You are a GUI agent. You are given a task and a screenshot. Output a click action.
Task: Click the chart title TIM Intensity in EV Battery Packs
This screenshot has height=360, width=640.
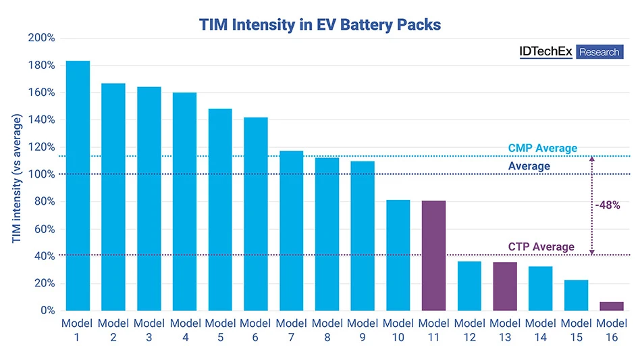(x=320, y=25)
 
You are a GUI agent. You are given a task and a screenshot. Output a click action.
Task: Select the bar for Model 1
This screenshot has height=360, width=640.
(x=78, y=186)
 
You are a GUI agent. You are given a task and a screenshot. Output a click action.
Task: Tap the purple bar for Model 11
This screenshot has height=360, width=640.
(x=433, y=255)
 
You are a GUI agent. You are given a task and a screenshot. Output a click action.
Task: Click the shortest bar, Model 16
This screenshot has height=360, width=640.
(x=611, y=306)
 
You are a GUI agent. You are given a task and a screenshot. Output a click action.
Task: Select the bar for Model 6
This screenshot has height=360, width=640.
(x=255, y=213)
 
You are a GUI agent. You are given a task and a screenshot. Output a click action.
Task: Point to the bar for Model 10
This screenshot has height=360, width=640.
(x=398, y=255)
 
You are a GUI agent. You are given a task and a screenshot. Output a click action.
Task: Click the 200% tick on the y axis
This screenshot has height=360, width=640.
(x=41, y=38)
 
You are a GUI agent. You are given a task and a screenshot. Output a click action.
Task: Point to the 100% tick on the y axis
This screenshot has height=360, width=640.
(x=41, y=174)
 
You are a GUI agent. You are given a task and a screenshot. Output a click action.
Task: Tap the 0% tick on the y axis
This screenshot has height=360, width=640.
(x=45, y=311)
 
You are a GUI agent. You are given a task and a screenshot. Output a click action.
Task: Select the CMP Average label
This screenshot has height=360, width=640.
(x=542, y=148)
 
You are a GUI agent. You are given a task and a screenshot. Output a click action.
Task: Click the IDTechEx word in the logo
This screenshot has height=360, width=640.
(x=545, y=52)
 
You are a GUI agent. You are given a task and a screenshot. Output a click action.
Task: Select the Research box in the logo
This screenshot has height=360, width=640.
(x=599, y=52)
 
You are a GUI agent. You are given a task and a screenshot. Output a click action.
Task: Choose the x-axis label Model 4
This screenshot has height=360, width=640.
(x=184, y=330)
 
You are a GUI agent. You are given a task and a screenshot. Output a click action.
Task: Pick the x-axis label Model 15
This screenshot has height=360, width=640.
(x=576, y=330)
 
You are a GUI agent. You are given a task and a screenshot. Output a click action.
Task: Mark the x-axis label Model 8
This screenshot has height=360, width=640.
(x=327, y=330)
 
